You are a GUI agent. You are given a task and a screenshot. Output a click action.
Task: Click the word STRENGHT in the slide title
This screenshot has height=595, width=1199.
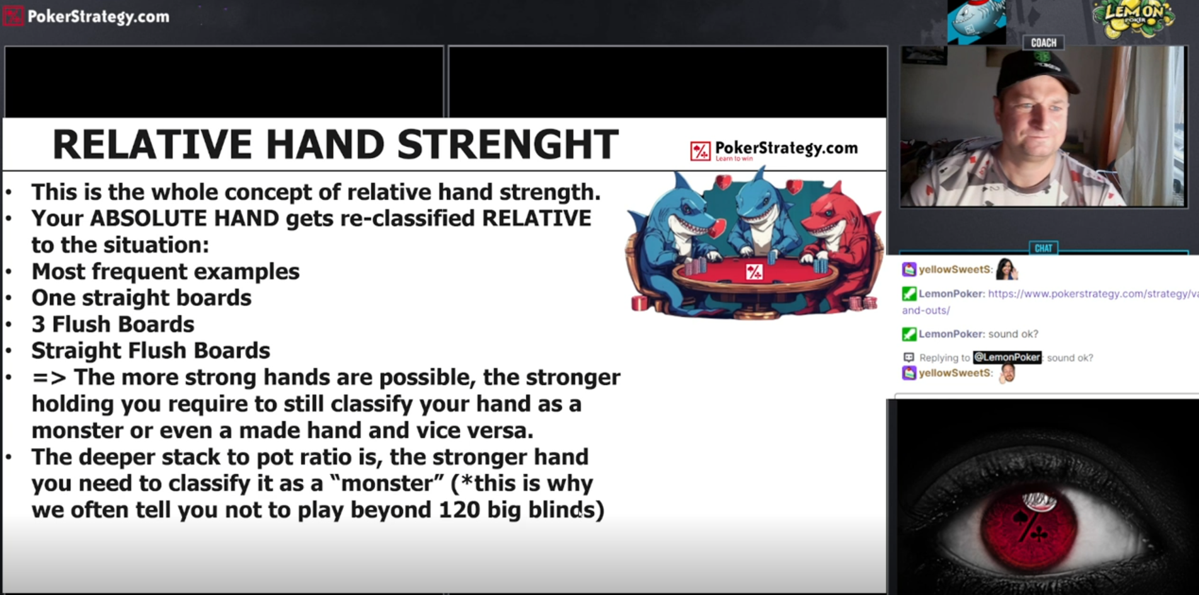(x=508, y=144)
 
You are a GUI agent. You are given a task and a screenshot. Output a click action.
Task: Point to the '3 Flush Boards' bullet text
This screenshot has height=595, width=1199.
(x=113, y=324)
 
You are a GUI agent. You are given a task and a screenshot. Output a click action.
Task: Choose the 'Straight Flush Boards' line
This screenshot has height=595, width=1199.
(x=151, y=350)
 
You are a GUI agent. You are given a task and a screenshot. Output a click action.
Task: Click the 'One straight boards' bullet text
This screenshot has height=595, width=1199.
(x=141, y=297)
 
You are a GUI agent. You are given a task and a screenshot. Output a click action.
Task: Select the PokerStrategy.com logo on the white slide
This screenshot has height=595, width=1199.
(x=774, y=150)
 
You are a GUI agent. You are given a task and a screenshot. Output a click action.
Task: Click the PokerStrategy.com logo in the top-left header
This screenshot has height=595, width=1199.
(x=87, y=16)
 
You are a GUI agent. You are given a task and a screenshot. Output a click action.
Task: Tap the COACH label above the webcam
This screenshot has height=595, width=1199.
(x=1043, y=43)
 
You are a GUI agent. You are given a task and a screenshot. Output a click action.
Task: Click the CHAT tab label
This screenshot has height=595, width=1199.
(x=1043, y=248)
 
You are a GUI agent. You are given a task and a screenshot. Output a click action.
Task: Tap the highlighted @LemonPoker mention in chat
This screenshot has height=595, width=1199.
(x=1007, y=357)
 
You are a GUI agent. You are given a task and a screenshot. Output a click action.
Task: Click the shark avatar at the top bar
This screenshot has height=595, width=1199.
(x=977, y=21)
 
